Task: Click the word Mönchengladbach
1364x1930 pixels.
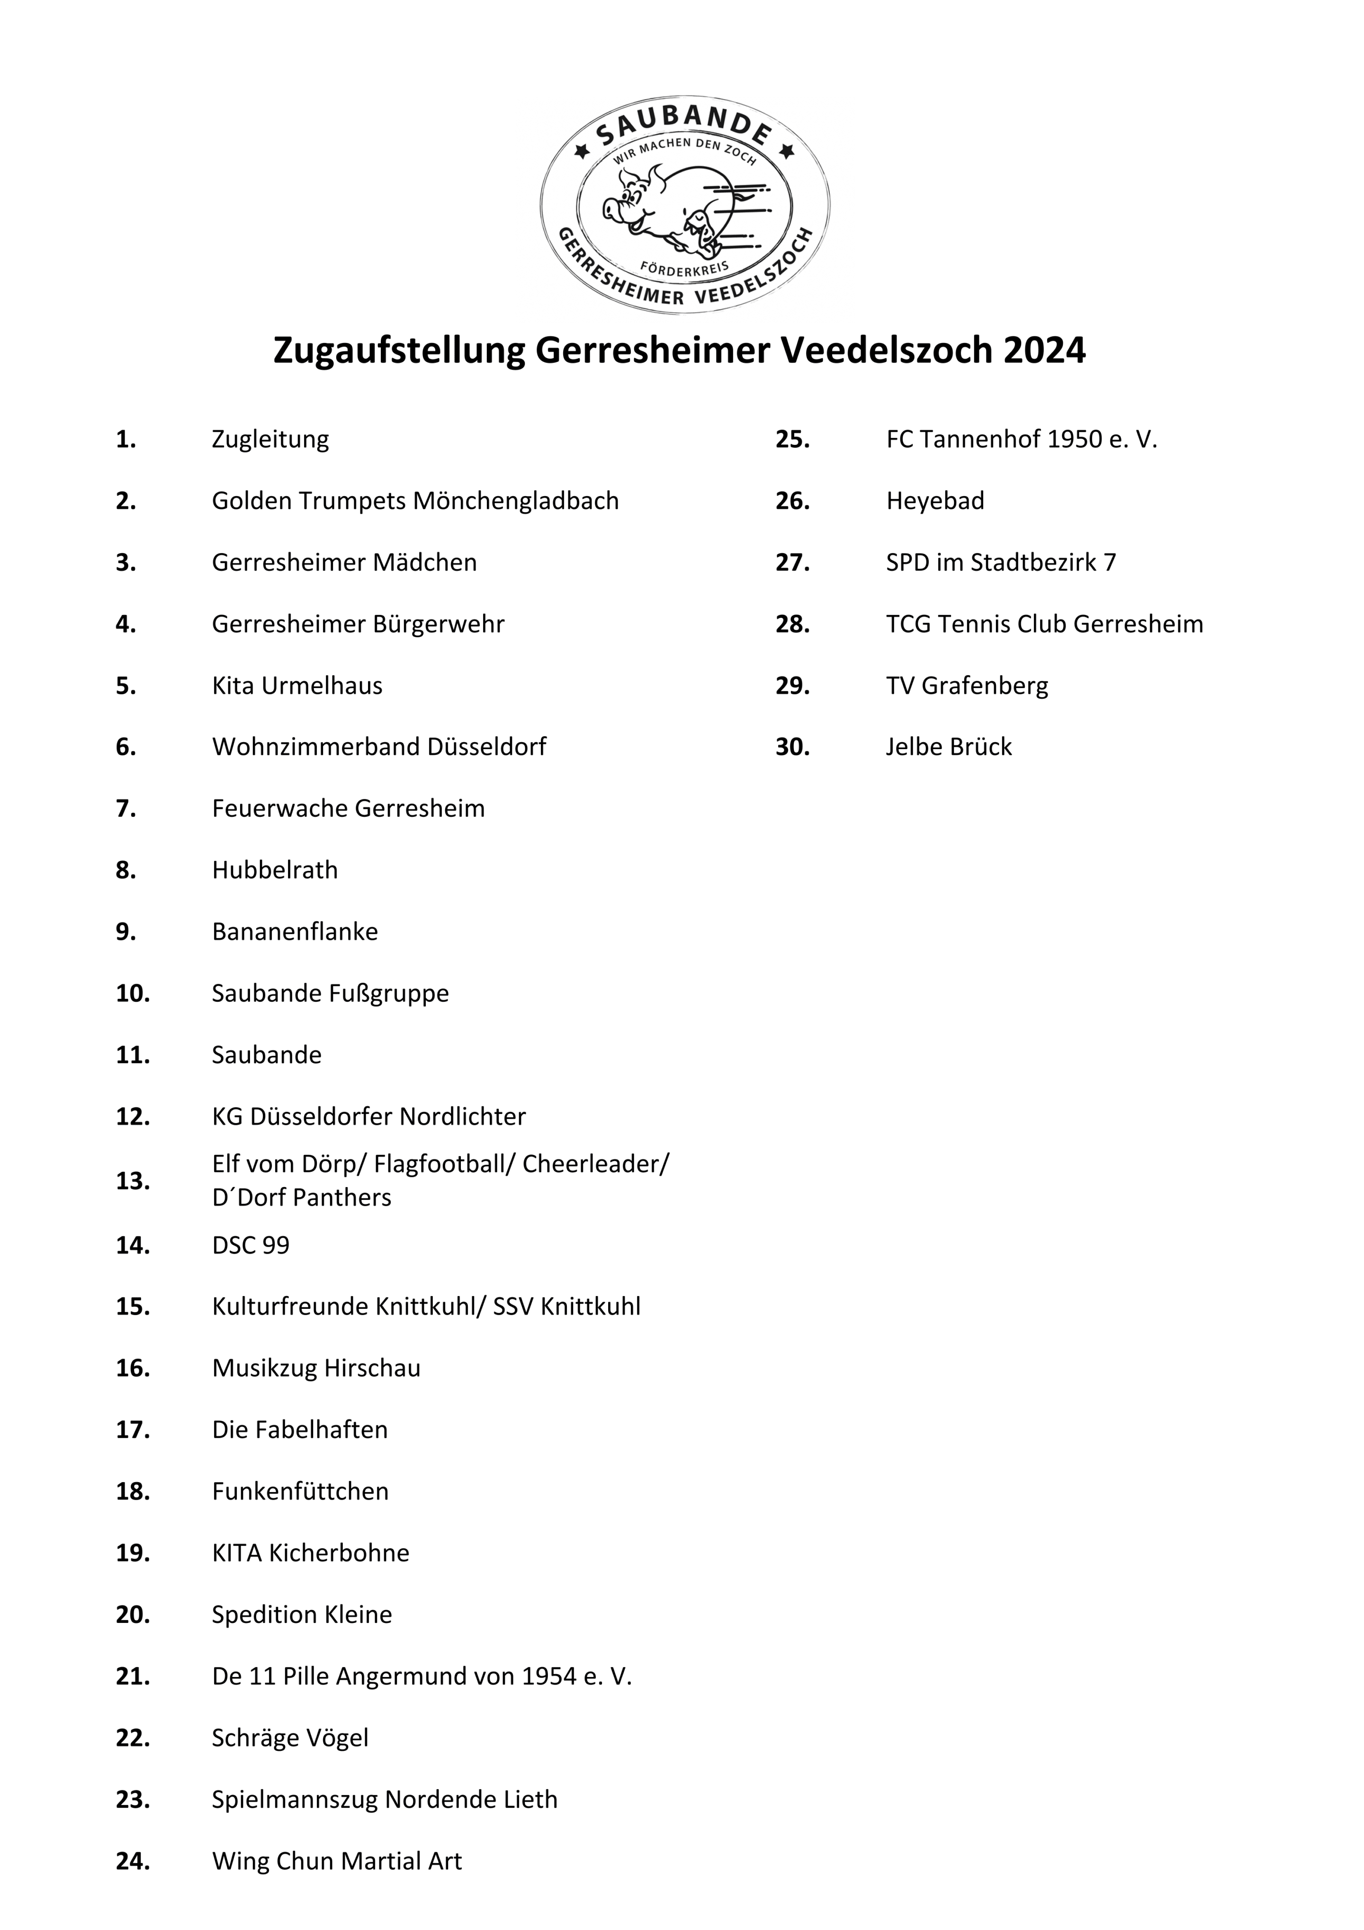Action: (x=517, y=501)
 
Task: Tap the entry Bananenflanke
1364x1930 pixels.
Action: (x=295, y=932)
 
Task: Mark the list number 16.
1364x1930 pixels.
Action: (x=133, y=1368)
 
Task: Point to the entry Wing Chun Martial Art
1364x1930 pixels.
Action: (x=337, y=1861)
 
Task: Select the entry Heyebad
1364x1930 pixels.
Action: (x=934, y=501)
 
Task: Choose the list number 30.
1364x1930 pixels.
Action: (x=792, y=747)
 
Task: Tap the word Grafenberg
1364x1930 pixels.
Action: (x=985, y=686)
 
